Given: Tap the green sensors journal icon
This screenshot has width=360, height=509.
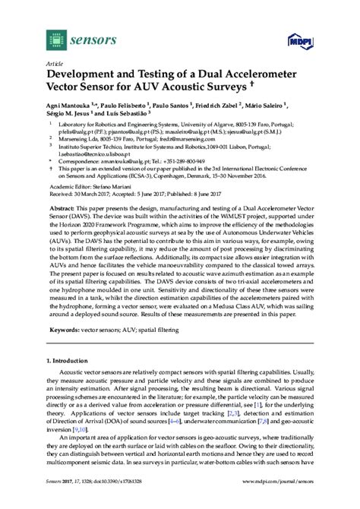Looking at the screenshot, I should (55, 35).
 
